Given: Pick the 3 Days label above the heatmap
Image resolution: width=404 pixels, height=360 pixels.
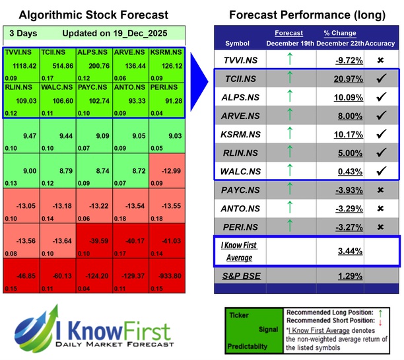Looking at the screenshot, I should (22, 32).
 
